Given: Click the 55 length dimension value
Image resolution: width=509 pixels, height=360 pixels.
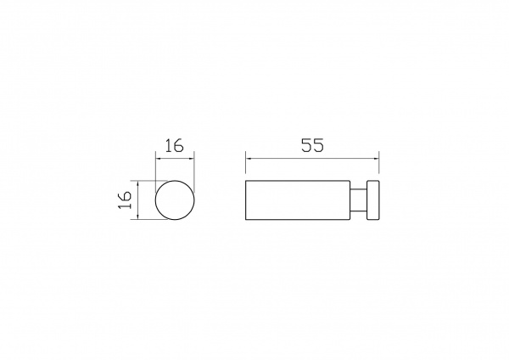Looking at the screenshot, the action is [x=312, y=145].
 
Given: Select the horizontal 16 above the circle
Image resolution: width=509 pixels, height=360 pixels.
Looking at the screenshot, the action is [x=175, y=145].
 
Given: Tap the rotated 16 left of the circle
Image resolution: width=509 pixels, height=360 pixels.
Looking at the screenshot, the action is [x=125, y=200].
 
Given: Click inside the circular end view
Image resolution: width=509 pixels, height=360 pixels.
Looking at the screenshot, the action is [x=176, y=200].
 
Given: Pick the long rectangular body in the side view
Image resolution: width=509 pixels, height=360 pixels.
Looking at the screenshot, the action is [x=298, y=200].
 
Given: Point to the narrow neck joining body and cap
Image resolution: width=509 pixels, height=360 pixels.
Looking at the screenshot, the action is [x=358, y=200].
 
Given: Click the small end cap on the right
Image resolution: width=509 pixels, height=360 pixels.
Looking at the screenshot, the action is [x=373, y=200].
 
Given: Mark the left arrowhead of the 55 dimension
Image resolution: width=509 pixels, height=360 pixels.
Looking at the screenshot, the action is [x=248, y=159].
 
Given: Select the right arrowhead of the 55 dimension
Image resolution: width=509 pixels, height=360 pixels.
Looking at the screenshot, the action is [x=377, y=159].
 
